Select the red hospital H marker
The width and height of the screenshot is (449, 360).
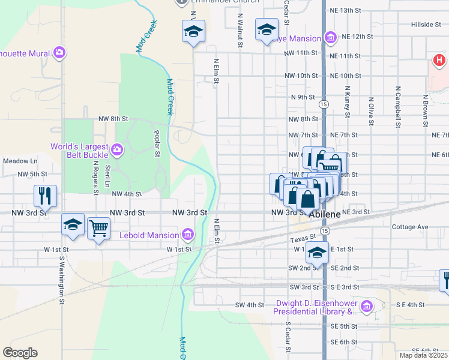coord(439,60)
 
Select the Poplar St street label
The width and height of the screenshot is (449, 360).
coord(156,143)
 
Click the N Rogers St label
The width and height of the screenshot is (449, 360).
coord(95,179)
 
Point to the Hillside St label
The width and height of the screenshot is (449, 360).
coord(426,25)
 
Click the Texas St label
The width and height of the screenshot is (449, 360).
coord(299,239)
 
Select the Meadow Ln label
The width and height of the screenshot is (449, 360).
coord(20,161)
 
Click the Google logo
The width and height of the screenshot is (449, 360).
coord(20,353)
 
